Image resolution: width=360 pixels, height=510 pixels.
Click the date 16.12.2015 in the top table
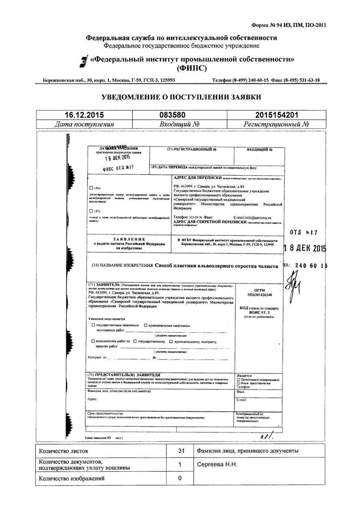84,115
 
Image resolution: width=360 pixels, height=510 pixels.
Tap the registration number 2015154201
277,115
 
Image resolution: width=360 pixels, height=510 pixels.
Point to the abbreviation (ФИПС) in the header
191,68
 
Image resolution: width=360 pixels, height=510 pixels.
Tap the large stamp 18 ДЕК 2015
305,249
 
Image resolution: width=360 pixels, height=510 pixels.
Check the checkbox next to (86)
91,188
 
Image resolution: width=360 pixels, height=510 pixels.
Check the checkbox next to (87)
91,211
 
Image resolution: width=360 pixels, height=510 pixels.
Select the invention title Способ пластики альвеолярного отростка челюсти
216,266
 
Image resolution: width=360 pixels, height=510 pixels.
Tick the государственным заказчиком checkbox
94,325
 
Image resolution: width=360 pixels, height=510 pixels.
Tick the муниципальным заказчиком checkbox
146,325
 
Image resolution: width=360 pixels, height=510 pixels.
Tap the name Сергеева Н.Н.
217,464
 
